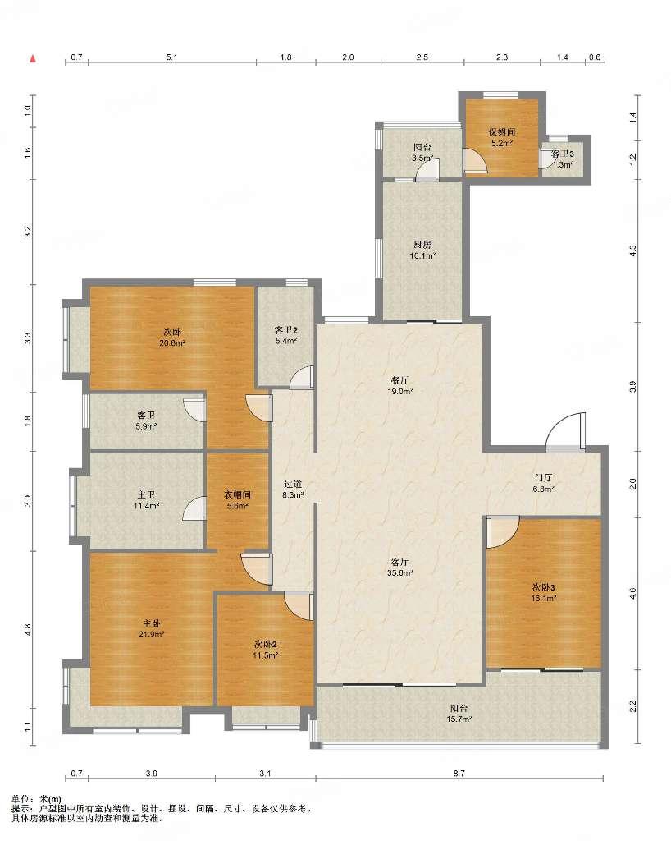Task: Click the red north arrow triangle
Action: [x=33, y=58]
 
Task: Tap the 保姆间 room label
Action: [x=502, y=132]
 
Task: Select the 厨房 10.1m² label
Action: [x=422, y=250]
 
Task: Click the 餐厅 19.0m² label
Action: [x=400, y=386]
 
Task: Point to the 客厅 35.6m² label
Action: [x=400, y=568]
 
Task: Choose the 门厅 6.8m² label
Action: [x=543, y=483]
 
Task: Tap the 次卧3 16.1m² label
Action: [x=543, y=593]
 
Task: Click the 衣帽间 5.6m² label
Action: [x=237, y=500]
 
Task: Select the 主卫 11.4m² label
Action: [x=146, y=500]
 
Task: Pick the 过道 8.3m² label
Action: [x=293, y=489]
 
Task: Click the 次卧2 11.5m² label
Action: [x=265, y=650]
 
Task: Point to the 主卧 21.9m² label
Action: [x=152, y=628]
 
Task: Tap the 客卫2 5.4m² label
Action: [x=286, y=335]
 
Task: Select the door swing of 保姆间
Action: [x=476, y=161]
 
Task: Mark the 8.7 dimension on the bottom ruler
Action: [x=459, y=773]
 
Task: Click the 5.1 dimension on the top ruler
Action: [x=171, y=57]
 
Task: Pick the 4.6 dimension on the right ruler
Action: [x=632, y=594]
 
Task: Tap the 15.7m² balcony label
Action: [x=460, y=719]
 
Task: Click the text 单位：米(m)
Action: [x=36, y=799]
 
